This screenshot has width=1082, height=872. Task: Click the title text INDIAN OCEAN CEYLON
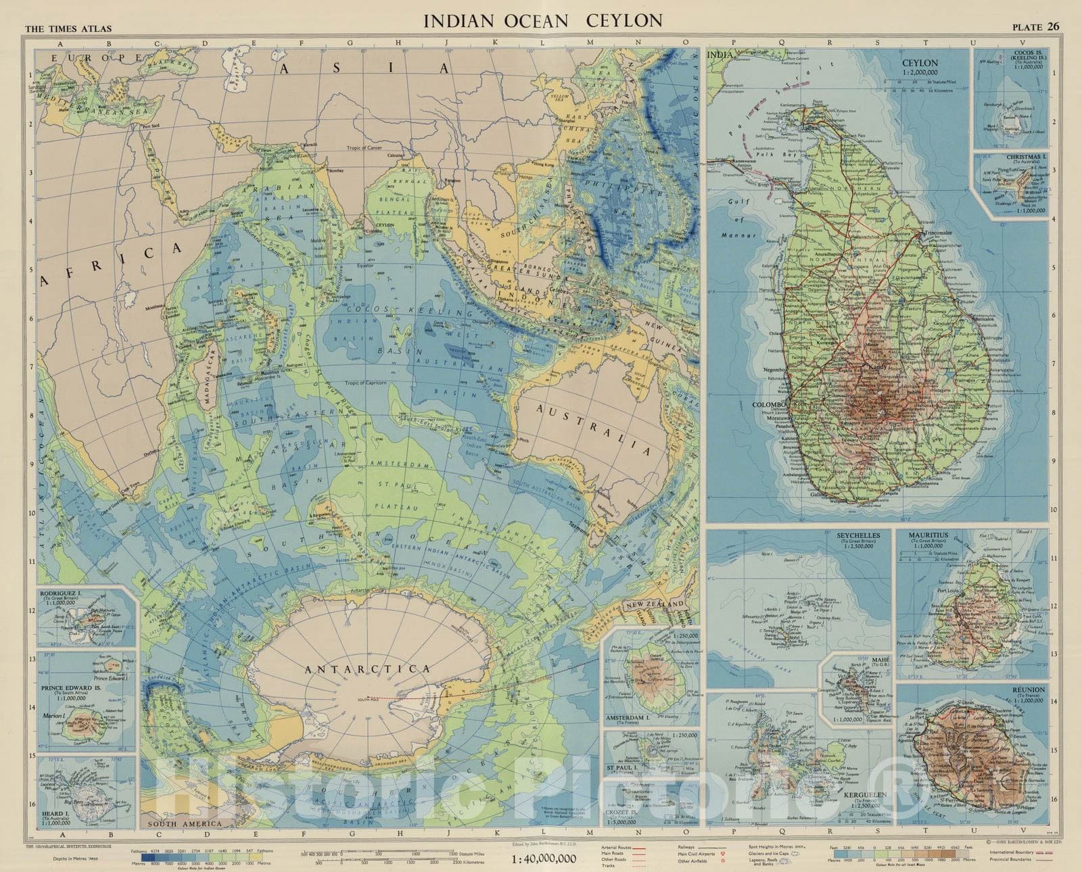tap(543, 20)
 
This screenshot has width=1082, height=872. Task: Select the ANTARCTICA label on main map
tap(367, 669)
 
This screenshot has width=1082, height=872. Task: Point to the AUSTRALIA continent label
tap(593, 430)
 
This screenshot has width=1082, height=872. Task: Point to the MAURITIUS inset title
tap(928, 535)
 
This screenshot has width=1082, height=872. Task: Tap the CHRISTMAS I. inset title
tap(1022, 156)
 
